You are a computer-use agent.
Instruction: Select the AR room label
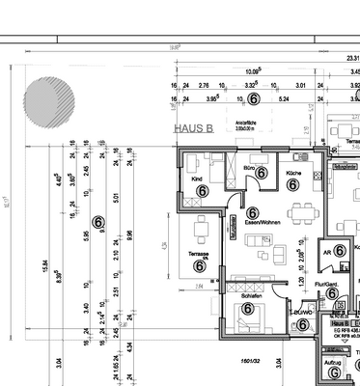327,250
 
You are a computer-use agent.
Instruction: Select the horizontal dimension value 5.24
283,98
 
